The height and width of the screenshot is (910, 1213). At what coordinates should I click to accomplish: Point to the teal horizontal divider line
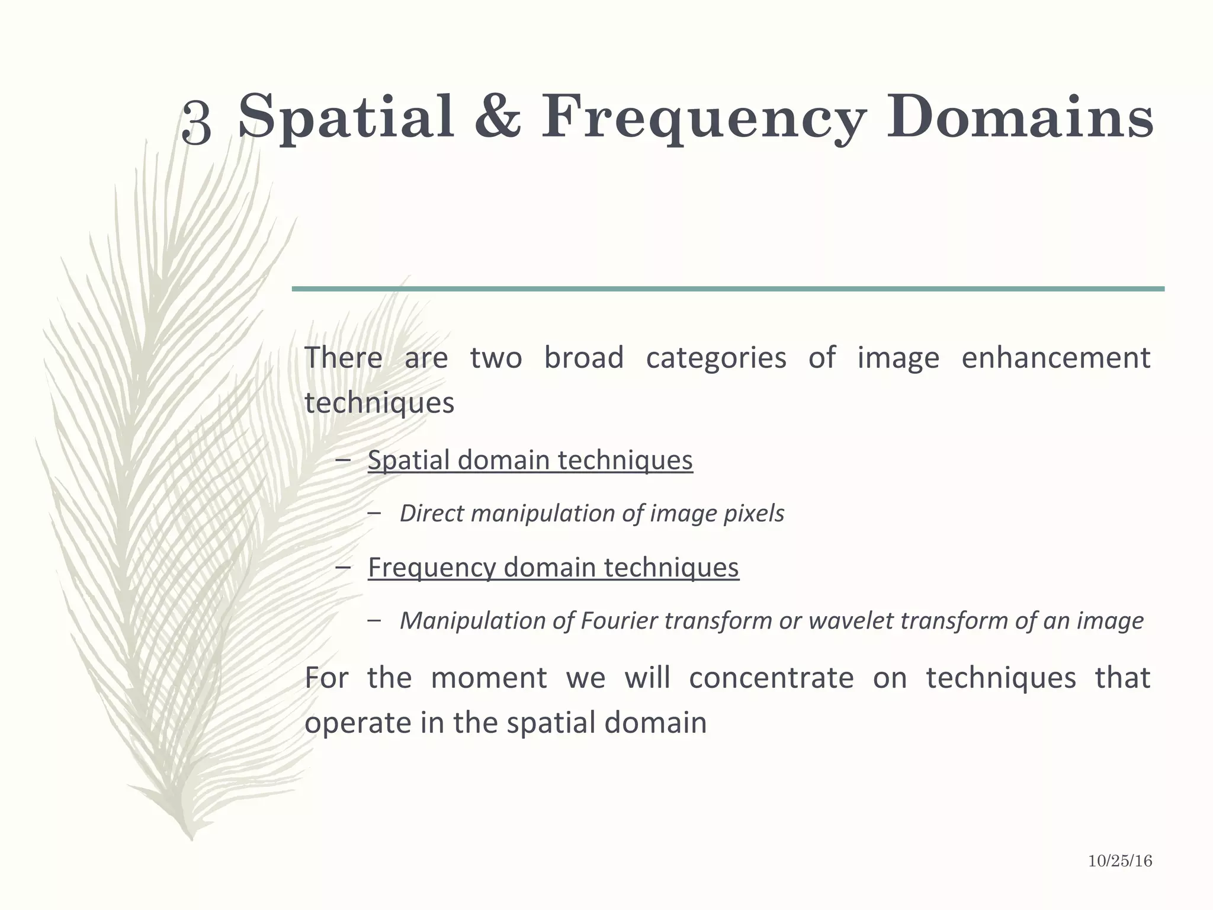click(728, 289)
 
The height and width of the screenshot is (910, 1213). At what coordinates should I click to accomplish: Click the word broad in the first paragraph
click(583, 358)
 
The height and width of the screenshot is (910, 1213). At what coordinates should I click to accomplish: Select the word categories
click(716, 358)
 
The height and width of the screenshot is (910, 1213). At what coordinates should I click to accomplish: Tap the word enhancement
click(1055, 358)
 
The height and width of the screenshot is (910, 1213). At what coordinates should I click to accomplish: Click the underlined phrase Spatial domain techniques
click(530, 460)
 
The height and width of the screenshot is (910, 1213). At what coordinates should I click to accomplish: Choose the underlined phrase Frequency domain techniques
click(553, 568)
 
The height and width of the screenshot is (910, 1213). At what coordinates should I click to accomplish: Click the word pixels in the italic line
click(754, 514)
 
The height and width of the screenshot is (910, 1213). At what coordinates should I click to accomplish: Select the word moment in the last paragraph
click(489, 678)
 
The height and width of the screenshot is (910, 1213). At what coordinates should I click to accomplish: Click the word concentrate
click(771, 678)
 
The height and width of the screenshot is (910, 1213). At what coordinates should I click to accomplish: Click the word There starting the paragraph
click(343, 358)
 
